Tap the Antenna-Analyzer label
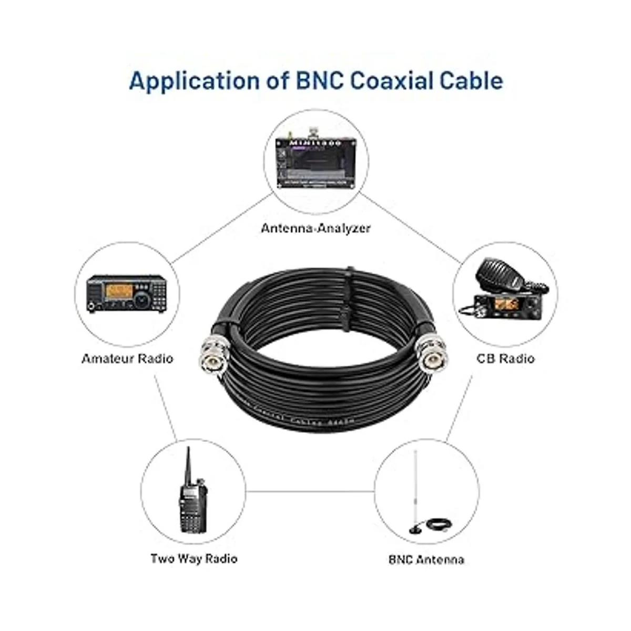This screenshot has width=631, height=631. pos(315,228)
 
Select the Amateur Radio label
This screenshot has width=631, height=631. pos(127,359)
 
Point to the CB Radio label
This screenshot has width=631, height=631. pos(505,359)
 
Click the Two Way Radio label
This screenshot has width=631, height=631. pos(194,558)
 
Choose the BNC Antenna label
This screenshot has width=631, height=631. pos(426,559)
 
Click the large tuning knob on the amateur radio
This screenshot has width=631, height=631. pos(143,300)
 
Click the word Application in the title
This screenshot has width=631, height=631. pos(195,81)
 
